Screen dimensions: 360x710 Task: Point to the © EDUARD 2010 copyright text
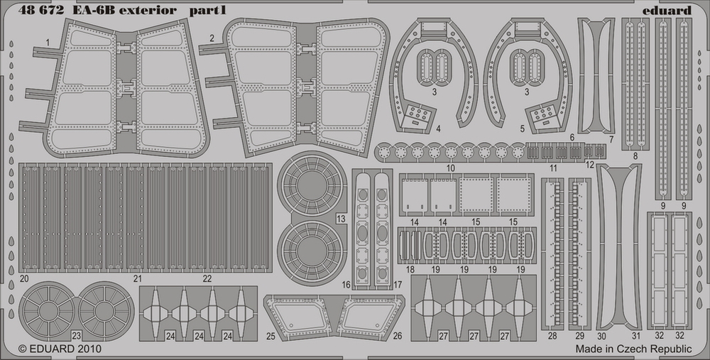pos(60,349)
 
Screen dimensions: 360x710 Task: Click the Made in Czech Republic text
pos(633,349)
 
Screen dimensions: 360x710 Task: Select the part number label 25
pos(271,336)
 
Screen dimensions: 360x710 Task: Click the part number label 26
pos(397,336)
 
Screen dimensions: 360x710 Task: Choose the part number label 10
pos(450,168)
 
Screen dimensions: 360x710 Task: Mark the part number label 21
pos(138,278)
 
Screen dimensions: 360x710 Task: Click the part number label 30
pos(602,336)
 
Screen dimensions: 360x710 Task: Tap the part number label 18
pos(410,270)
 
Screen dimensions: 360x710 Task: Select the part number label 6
pos(572,138)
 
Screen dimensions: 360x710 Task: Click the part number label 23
pos(76,336)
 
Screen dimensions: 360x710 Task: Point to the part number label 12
pos(589,164)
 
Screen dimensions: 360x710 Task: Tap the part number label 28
pos(552,336)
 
